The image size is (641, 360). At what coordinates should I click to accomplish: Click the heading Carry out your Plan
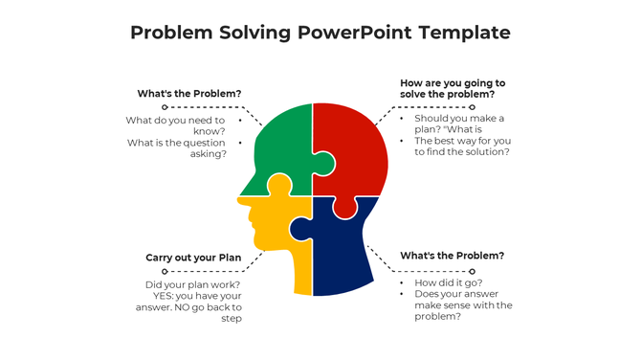193,258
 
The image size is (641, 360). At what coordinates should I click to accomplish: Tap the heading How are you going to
452,83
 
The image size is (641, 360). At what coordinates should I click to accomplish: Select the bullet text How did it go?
449,283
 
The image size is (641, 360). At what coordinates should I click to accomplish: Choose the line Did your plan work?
193,284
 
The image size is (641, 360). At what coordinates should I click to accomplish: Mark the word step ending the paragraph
232,319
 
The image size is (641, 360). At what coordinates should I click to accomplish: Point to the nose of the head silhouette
241,200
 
